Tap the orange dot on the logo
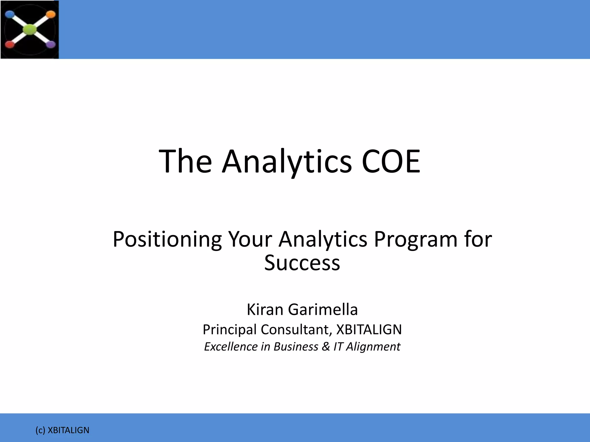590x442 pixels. click(x=50, y=14)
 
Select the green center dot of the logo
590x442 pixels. click(x=30, y=29)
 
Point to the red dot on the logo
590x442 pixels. click(x=10, y=45)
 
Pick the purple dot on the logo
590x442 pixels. click(x=51, y=44)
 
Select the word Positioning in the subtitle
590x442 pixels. click(x=167, y=239)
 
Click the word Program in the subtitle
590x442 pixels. click(x=415, y=239)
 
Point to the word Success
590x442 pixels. click(x=302, y=263)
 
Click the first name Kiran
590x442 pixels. click(x=265, y=310)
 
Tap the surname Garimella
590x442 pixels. click(x=323, y=310)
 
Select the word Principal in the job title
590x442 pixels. click(x=229, y=330)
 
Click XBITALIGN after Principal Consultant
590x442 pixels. click(x=369, y=329)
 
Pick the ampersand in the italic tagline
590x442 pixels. click(x=326, y=346)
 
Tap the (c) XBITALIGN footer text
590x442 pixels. click(x=62, y=430)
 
